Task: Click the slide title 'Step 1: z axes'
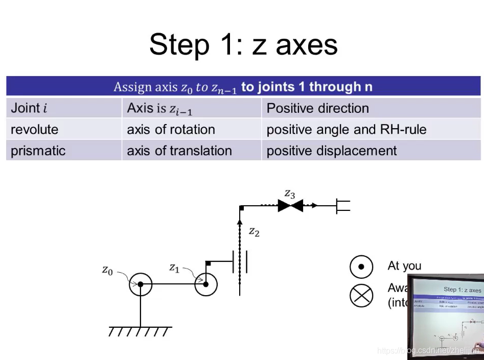click(x=243, y=44)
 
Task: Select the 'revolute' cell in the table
click(x=35, y=130)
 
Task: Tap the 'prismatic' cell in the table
click(x=38, y=151)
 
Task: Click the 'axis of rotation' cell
click(x=171, y=130)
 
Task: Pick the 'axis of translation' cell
click(x=179, y=151)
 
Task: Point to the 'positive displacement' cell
click(x=331, y=151)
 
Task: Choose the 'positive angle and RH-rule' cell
click(x=346, y=130)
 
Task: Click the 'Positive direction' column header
click(x=317, y=108)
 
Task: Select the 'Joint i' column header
click(x=29, y=108)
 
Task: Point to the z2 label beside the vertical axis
click(x=254, y=232)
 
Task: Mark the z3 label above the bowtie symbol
click(x=290, y=194)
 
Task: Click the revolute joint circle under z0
click(x=141, y=284)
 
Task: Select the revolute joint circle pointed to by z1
click(x=206, y=284)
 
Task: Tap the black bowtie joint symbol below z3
click(x=290, y=206)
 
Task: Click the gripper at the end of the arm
click(x=343, y=206)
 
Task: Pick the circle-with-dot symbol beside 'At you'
click(x=361, y=267)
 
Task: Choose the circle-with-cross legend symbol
click(x=361, y=296)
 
